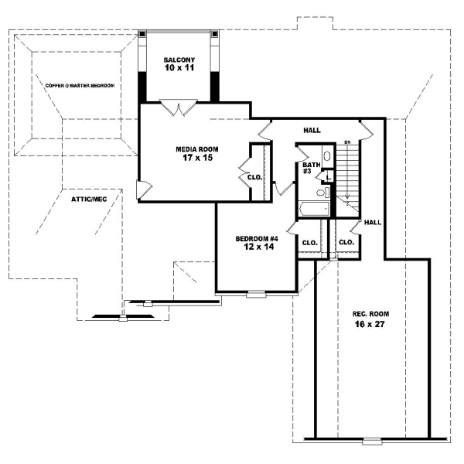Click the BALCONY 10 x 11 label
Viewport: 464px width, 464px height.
click(x=179, y=64)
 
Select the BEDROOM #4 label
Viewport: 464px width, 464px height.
click(x=257, y=243)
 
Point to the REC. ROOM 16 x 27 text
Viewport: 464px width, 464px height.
click(x=370, y=319)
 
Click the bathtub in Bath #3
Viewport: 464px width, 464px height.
click(x=313, y=208)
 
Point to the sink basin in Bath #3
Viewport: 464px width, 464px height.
click(x=326, y=175)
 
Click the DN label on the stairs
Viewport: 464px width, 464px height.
click(x=347, y=142)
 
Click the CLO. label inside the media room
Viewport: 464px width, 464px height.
click(x=255, y=176)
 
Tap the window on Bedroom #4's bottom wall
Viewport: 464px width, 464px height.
click(x=256, y=294)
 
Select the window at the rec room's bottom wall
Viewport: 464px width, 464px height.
click(x=372, y=441)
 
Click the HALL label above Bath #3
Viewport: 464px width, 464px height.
click(x=312, y=131)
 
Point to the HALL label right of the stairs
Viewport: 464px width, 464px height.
click(x=373, y=222)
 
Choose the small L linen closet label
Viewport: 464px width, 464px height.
click(x=328, y=190)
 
